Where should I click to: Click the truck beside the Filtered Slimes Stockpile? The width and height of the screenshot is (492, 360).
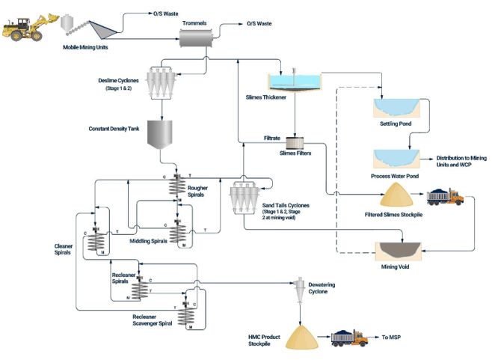coord(444,198)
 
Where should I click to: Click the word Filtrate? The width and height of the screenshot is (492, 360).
coord(272,138)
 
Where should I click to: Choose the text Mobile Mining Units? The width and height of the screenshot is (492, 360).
coord(87,46)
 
